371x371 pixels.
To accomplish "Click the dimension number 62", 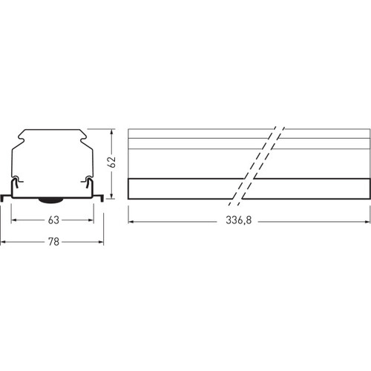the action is click(112, 162).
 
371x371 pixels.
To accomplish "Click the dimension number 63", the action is click(53, 220).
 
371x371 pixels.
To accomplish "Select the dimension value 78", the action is click(53, 242).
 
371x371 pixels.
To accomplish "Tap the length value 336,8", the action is click(238, 220).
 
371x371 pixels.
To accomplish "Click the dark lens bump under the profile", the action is click(50, 200).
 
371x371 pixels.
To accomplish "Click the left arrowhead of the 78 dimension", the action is click(3, 242).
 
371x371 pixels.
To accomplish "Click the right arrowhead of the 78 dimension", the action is click(101, 242).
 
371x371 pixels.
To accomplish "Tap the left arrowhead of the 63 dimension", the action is click(14, 220).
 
